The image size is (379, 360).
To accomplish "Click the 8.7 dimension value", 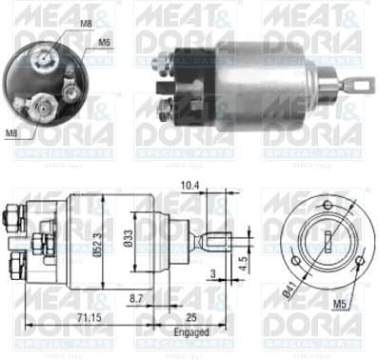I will click(136, 298).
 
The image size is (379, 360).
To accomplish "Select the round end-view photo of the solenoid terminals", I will click(41, 78).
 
